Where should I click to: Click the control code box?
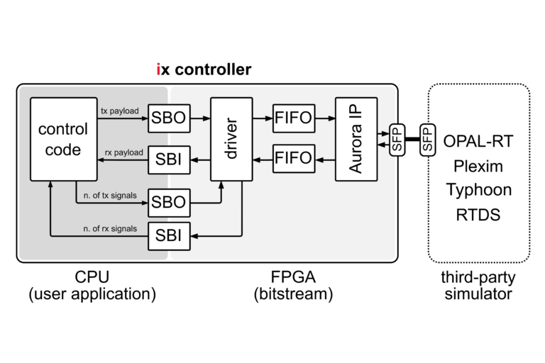tap(63, 139)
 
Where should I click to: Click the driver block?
tap(231, 140)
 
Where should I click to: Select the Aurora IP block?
tap(356, 139)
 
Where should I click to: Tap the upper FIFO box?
tap(293, 118)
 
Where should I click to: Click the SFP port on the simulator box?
tap(427, 139)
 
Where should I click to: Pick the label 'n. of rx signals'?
tap(107, 228)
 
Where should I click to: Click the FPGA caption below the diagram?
tap(293, 275)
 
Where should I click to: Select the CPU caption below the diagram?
tap(92, 275)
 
